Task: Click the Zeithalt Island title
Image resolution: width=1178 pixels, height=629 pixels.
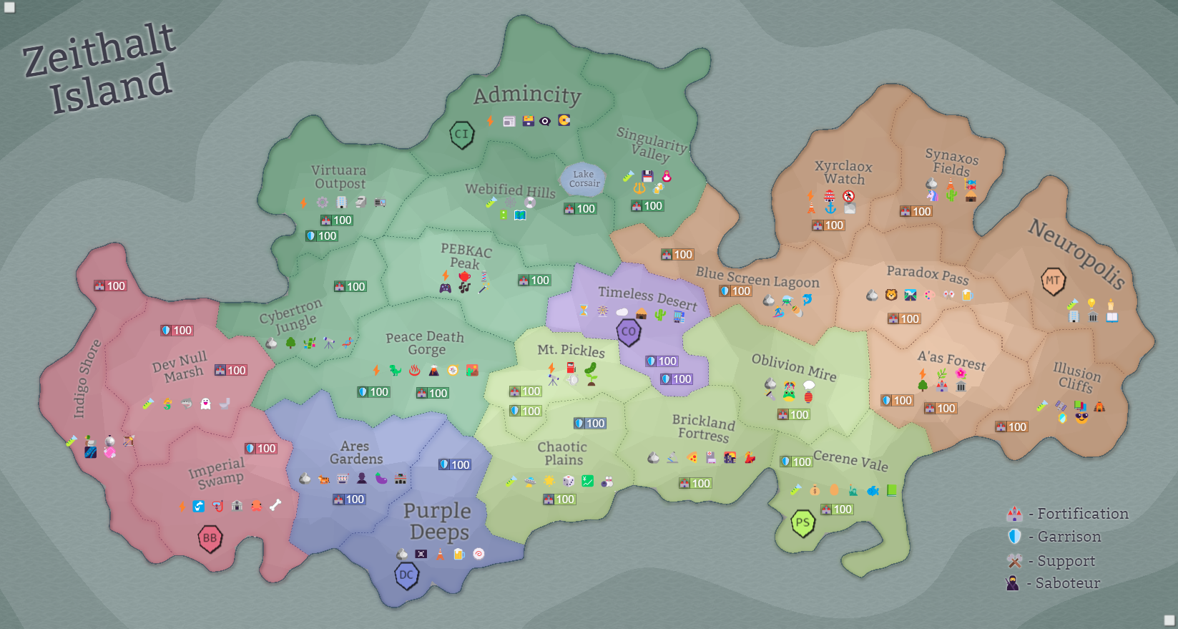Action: tap(100, 68)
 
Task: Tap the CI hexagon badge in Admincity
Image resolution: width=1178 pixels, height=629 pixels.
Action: tap(462, 134)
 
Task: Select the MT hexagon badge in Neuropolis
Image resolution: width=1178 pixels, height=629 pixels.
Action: tap(1053, 281)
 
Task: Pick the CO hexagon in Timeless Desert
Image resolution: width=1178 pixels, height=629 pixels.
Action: tap(629, 332)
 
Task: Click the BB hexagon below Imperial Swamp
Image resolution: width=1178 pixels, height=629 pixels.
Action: tap(210, 538)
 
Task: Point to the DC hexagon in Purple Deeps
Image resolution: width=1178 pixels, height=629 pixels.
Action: tap(406, 575)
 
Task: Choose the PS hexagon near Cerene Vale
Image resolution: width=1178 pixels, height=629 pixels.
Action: tap(802, 523)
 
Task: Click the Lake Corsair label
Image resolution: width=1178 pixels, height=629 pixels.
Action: tap(584, 179)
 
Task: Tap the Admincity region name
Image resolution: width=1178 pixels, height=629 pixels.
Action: tap(527, 95)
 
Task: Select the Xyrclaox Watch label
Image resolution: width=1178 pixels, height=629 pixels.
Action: tap(844, 172)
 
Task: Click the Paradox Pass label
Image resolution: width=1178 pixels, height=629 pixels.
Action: tap(927, 274)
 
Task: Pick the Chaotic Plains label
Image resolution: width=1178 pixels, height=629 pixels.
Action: tap(563, 453)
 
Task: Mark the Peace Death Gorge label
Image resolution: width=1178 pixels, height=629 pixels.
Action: tap(426, 343)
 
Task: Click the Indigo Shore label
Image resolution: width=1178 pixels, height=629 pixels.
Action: tap(87, 379)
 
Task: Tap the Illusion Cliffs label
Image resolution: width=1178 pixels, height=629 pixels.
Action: tap(1076, 377)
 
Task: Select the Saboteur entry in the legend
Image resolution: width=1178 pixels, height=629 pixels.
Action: tap(1067, 583)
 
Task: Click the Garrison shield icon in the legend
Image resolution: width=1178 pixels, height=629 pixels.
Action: tap(1014, 536)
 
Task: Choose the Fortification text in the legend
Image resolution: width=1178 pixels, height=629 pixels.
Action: tap(1083, 513)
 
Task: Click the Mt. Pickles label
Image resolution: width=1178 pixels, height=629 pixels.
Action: tap(571, 350)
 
